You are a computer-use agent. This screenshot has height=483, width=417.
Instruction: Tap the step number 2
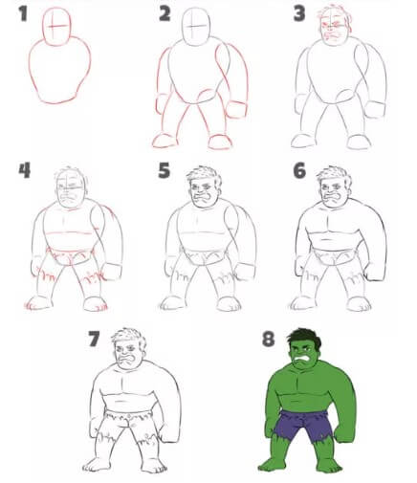[165, 13]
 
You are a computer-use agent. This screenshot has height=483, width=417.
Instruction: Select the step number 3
[298, 13]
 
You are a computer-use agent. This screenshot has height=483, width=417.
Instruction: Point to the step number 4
[24, 172]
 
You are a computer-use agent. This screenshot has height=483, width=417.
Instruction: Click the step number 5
[164, 172]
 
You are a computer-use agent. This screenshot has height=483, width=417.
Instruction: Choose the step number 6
[298, 172]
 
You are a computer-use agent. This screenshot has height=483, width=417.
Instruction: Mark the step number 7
[94, 338]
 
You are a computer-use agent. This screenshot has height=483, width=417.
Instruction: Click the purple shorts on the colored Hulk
[305, 424]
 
